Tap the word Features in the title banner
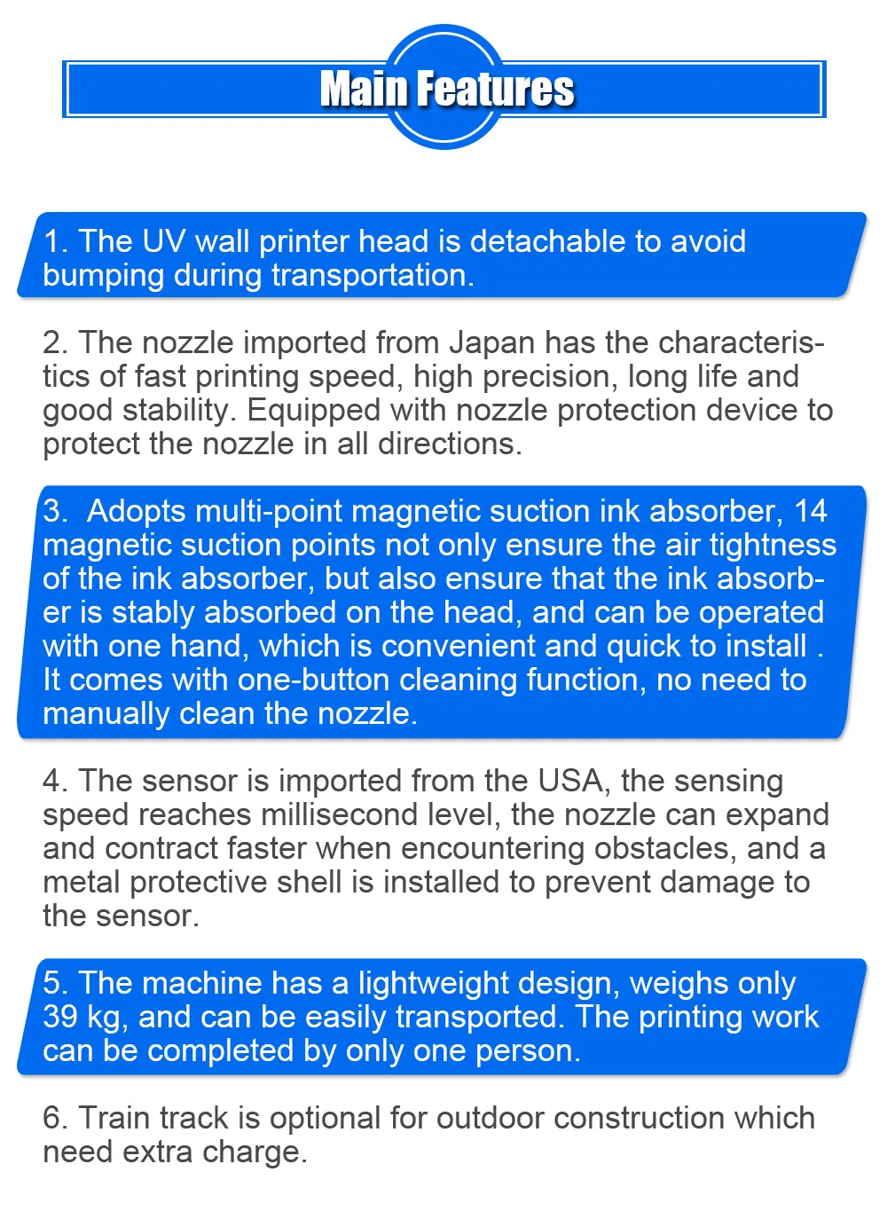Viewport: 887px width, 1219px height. click(496, 90)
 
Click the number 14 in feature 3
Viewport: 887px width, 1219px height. click(810, 511)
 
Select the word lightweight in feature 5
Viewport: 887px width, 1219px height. click(434, 984)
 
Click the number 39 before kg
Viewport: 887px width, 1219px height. click(60, 1017)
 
